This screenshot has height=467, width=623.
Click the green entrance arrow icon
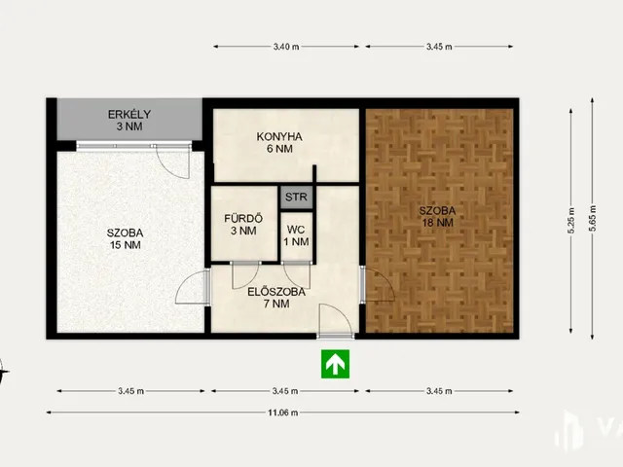335,364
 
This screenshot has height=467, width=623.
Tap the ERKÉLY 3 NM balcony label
129,121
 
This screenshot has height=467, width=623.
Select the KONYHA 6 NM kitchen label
279,143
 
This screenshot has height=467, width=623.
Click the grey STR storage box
296,197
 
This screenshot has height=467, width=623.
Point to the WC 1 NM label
296,235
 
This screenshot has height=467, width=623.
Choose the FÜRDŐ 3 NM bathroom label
243,225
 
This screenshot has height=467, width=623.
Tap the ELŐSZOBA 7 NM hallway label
276,298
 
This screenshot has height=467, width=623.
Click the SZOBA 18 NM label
437,217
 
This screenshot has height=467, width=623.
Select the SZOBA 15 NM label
126,238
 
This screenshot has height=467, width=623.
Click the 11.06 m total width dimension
283,413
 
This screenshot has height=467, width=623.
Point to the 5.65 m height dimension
592,218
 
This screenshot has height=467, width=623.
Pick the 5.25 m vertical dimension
571,221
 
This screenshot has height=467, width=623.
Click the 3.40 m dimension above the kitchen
286,47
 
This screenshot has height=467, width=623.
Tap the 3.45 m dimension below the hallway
285,391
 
